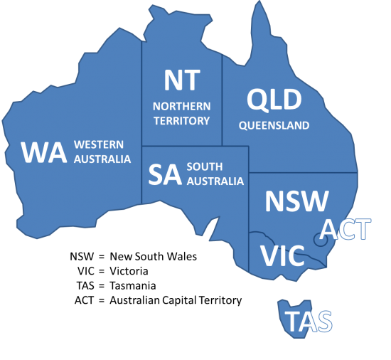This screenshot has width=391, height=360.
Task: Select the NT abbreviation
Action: click(182, 81)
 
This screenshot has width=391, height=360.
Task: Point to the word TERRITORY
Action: click(182, 120)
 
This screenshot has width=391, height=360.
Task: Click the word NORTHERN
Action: click(182, 107)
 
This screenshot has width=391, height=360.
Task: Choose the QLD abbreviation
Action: click(273, 100)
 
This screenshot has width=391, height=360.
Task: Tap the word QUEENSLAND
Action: click(274, 126)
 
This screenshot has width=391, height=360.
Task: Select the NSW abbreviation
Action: click(296, 201)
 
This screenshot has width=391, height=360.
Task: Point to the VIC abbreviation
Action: click(282, 255)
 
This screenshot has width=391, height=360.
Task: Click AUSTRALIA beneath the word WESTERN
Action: click(103, 159)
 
